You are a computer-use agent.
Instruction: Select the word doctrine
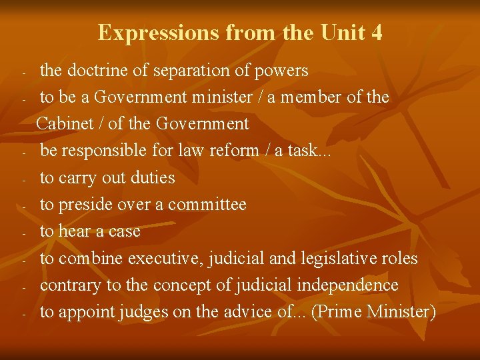coord(99,70)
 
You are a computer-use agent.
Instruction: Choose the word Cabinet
coord(65,123)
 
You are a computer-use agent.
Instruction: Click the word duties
coord(154,177)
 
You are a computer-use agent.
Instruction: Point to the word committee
coord(207,205)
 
